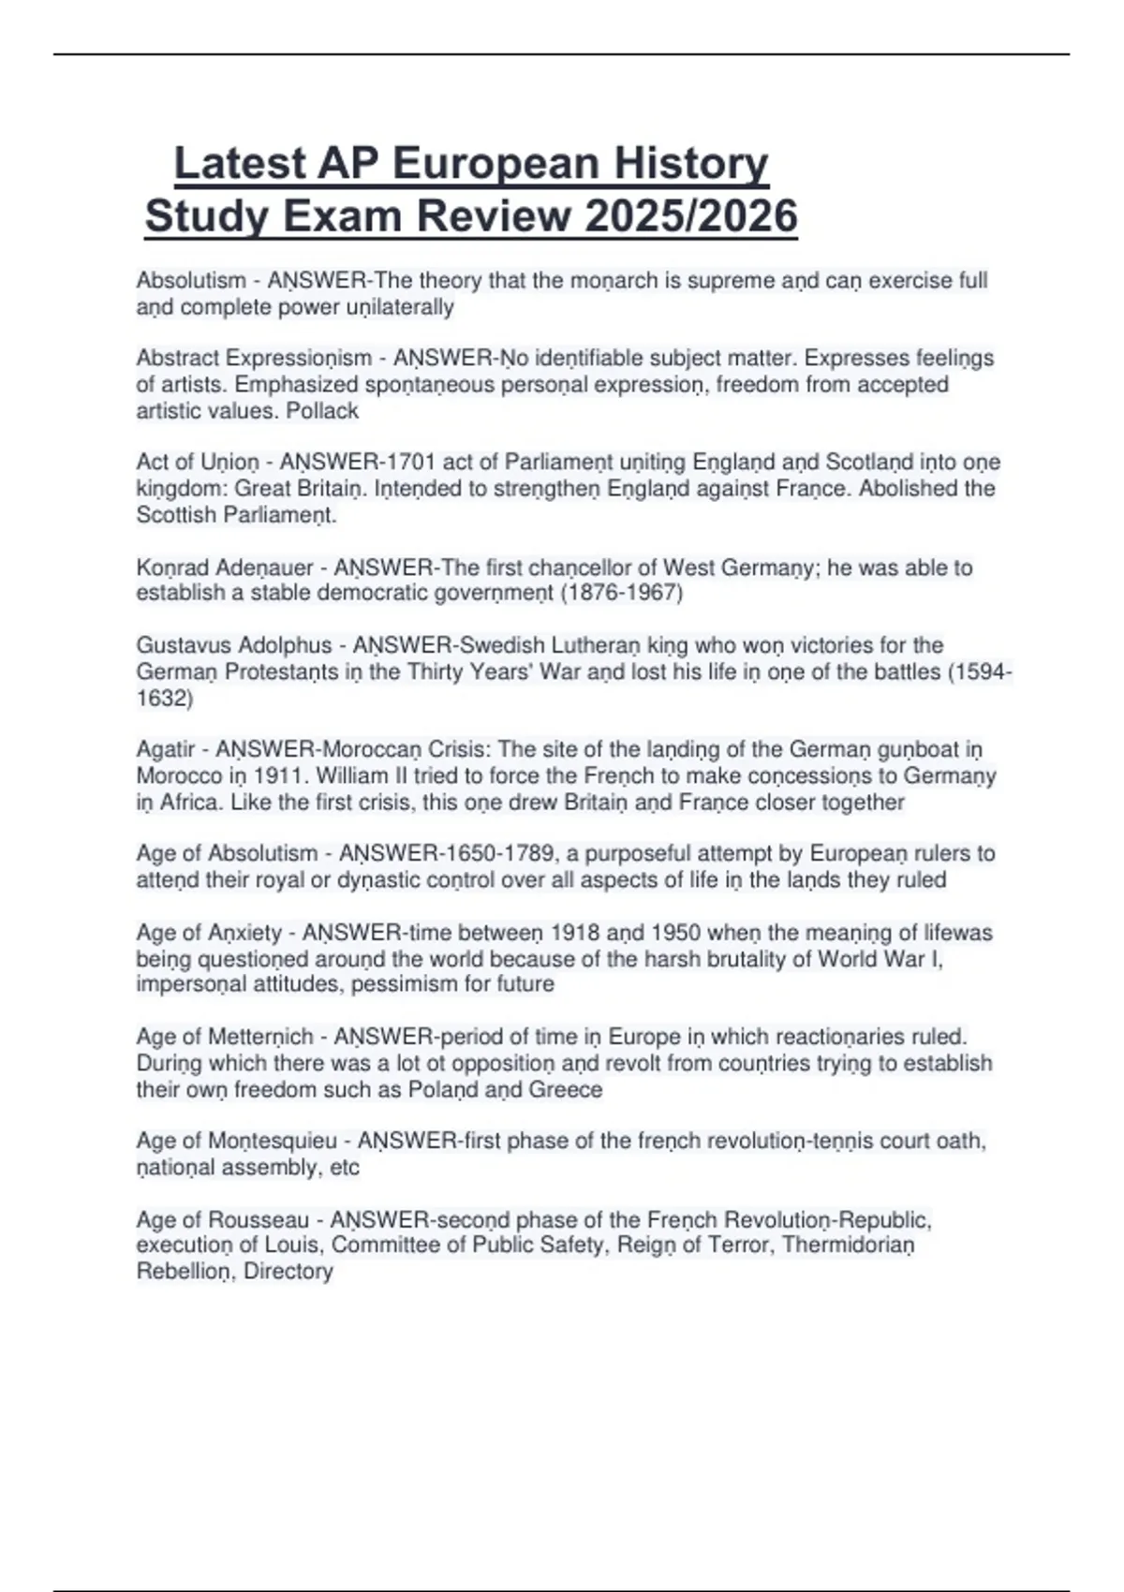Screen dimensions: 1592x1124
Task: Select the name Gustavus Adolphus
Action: [x=233, y=645]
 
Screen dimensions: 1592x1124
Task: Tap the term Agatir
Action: [x=166, y=749]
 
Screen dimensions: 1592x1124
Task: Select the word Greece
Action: [x=566, y=1089]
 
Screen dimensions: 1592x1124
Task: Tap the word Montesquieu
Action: [x=273, y=1141]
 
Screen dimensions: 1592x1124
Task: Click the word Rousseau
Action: [x=259, y=1220]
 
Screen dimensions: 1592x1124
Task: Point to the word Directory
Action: [x=288, y=1271]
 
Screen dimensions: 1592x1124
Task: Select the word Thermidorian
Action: [x=848, y=1245]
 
